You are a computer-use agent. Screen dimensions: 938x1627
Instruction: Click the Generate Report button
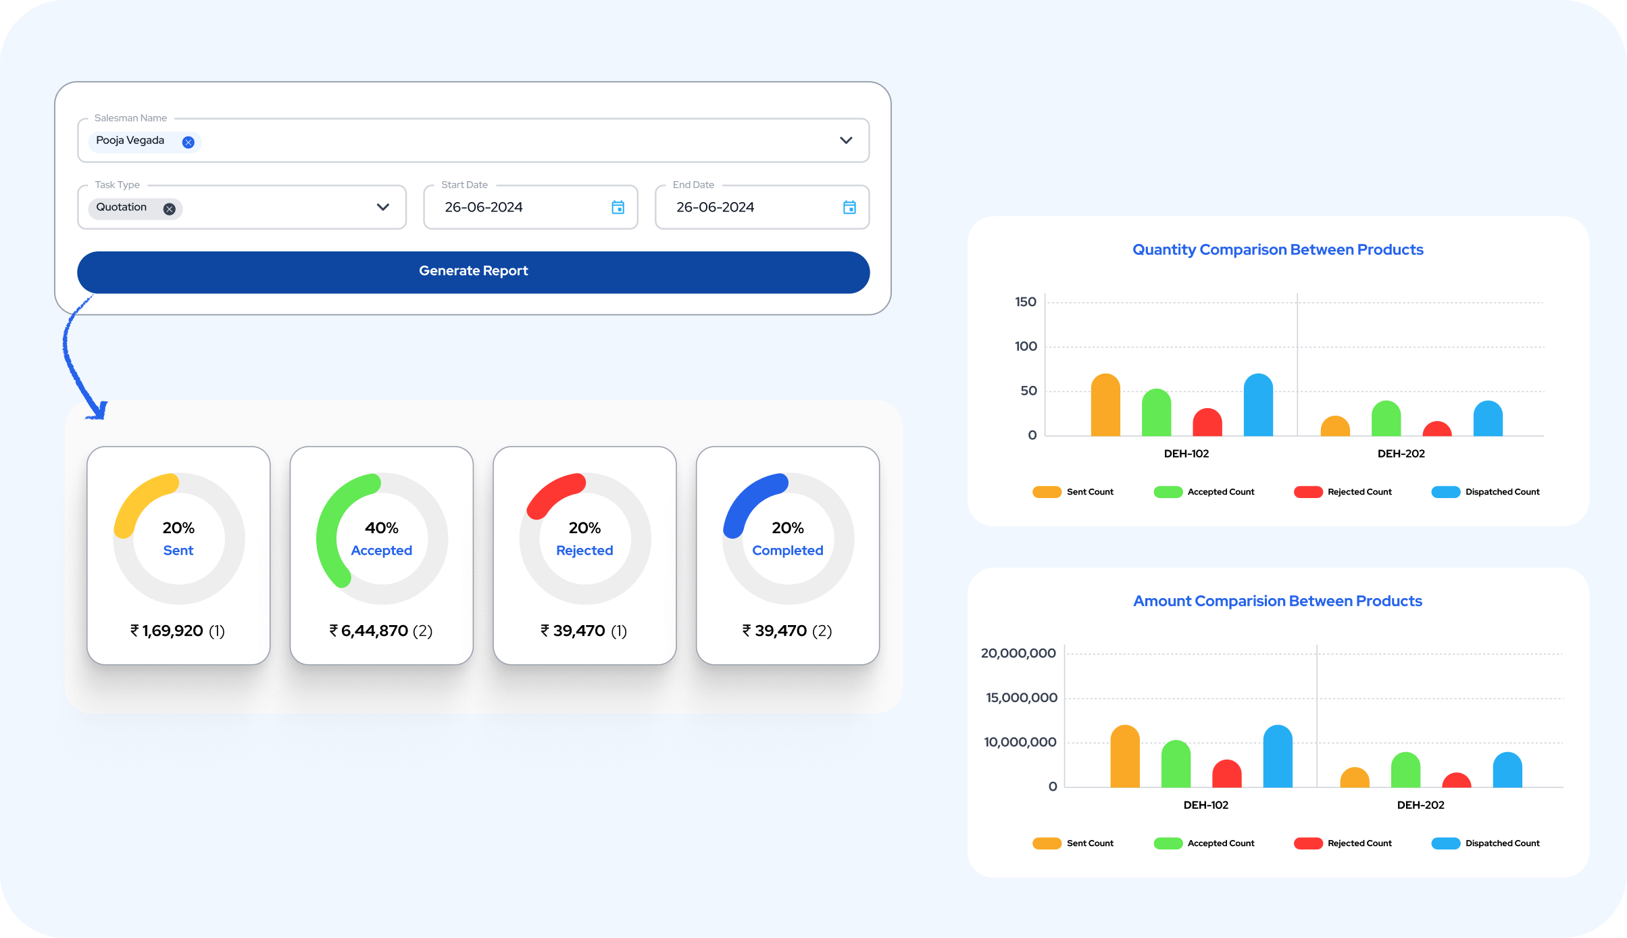(x=473, y=272)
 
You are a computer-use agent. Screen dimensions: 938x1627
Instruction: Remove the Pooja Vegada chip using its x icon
(x=189, y=142)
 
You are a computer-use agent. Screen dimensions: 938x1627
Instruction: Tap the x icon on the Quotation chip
(x=170, y=209)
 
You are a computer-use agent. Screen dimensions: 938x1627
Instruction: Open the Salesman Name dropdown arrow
(x=846, y=141)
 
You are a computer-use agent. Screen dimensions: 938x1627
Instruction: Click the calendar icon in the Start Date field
(x=618, y=207)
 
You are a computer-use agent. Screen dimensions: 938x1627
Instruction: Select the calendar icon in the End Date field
(x=849, y=207)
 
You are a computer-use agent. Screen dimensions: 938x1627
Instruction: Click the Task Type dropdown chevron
(x=383, y=207)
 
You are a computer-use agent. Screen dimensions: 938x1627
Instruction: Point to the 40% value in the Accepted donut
(x=382, y=528)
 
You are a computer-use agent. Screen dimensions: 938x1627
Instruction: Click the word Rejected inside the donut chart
(x=584, y=551)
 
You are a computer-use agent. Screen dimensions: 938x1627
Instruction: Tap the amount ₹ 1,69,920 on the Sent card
(x=167, y=631)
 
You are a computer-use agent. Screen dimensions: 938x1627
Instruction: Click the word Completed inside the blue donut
(x=788, y=551)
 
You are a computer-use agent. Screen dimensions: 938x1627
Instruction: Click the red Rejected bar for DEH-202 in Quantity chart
(x=1437, y=429)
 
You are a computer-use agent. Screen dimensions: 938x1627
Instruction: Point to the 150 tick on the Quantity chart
(x=1026, y=302)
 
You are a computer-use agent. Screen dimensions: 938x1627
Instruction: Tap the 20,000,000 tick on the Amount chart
(x=1018, y=653)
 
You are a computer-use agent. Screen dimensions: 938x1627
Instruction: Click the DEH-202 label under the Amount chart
(x=1420, y=805)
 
